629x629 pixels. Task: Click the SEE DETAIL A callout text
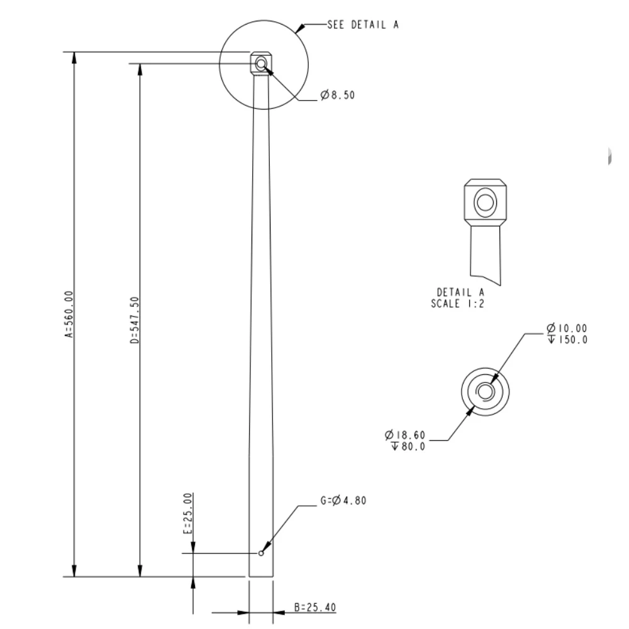(x=362, y=25)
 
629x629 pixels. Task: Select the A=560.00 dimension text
(x=69, y=314)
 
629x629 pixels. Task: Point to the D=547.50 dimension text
(x=134, y=320)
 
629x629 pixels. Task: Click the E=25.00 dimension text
(x=187, y=514)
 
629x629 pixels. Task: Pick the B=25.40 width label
(x=314, y=608)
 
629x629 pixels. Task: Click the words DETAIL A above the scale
(x=461, y=292)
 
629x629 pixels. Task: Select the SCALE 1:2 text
(x=461, y=303)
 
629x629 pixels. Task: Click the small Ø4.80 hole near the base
(x=260, y=554)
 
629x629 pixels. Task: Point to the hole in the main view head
(x=260, y=63)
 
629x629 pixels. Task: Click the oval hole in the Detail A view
(x=485, y=203)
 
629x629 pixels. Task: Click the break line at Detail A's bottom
(x=486, y=279)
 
